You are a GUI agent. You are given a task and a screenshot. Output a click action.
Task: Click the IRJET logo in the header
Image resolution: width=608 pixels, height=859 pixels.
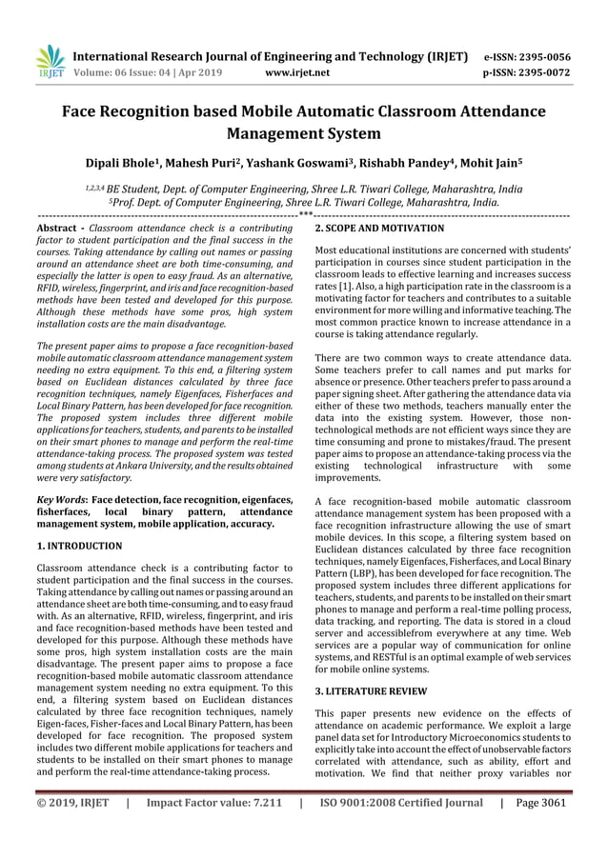pos(48,62)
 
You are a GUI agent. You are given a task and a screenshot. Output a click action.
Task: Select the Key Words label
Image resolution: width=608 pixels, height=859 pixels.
pos(62,499)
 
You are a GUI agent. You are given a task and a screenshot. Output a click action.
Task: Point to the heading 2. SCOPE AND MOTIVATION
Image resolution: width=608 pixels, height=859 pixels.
pos(379,230)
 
